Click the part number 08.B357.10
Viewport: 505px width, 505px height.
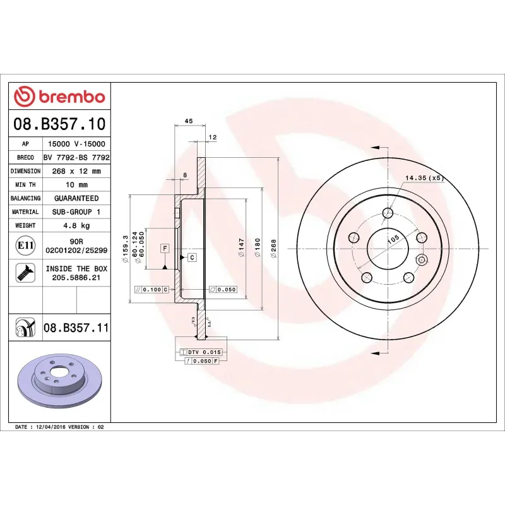(x=59, y=123)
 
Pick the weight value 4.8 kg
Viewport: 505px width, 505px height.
(x=76, y=225)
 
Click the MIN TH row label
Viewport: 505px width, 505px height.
(x=26, y=185)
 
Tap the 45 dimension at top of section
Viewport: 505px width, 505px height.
(x=188, y=121)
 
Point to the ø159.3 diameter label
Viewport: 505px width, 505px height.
(x=126, y=247)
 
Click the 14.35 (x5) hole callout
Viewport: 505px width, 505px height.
(x=424, y=178)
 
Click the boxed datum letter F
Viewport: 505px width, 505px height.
(x=164, y=248)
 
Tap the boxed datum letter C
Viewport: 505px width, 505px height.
(x=191, y=258)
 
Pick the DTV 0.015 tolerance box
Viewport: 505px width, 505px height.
(x=199, y=351)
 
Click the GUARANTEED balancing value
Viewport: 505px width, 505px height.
(x=76, y=198)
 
